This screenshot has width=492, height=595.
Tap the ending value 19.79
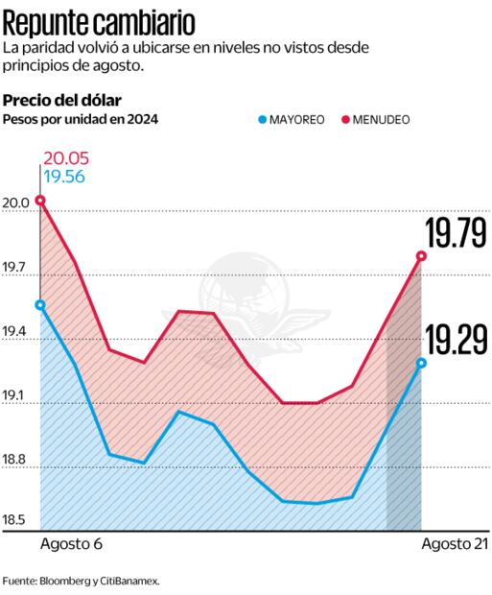coord(457,233)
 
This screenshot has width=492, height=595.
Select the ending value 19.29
coord(457,340)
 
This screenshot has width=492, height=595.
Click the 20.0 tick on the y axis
coord(15,203)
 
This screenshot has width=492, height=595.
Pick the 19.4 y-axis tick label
coord(15,334)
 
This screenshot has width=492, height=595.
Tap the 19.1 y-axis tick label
coord(15,398)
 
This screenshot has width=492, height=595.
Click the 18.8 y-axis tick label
coord(15,461)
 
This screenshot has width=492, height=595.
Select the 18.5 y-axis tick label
coord(15,521)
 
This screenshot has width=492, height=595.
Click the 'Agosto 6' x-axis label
coord(72,544)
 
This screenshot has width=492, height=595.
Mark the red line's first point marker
coord(40,200)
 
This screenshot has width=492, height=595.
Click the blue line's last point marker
coord(421,363)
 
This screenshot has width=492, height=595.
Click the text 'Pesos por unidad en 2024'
coord(81,119)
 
